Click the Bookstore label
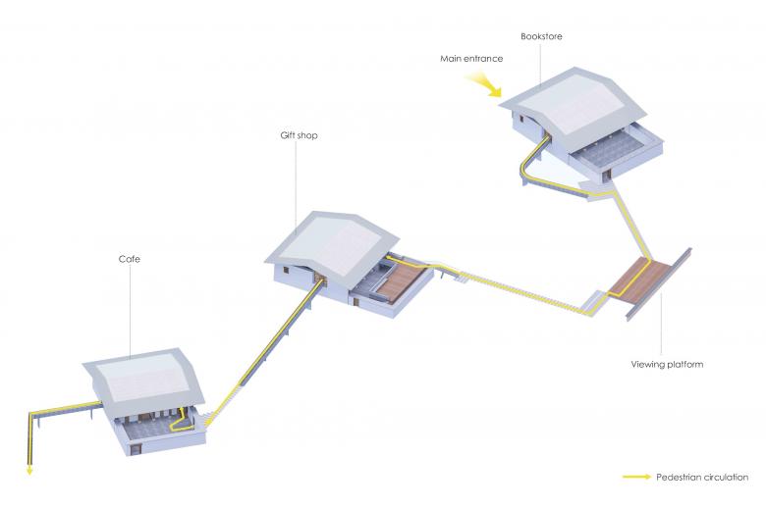click(x=541, y=36)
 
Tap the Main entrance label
click(x=471, y=59)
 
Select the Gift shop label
click(x=299, y=135)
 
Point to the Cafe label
click(x=130, y=259)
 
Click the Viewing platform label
click(x=667, y=365)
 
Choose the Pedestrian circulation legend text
click(x=702, y=478)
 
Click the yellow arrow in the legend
click(x=637, y=477)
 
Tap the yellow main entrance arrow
click(x=483, y=84)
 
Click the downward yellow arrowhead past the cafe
click(x=29, y=471)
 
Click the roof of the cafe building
click(x=143, y=382)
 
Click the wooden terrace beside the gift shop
click(x=402, y=280)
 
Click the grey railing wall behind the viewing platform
click(x=659, y=284)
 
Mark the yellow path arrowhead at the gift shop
click(x=389, y=257)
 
